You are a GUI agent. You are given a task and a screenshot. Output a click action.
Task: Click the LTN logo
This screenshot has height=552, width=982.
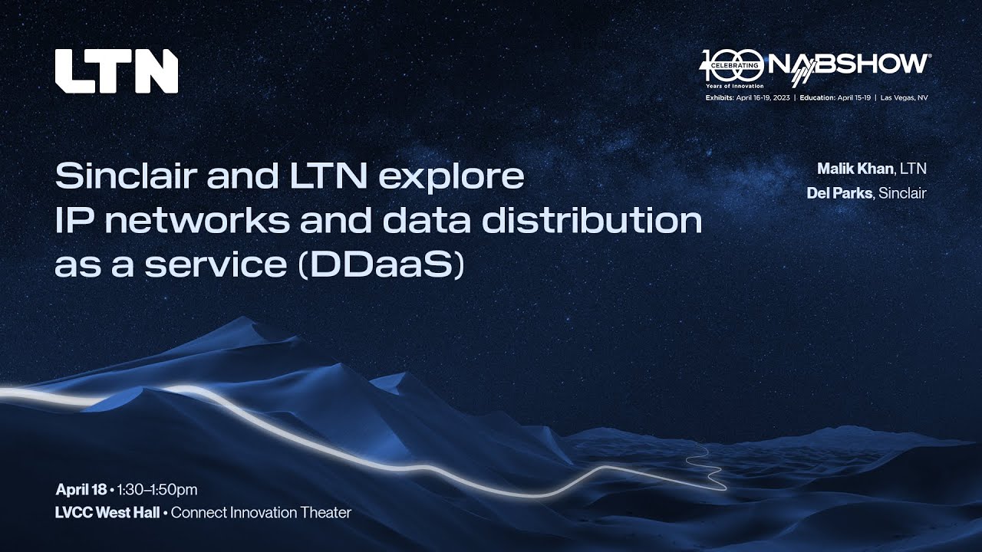pyautogui.click(x=116, y=71)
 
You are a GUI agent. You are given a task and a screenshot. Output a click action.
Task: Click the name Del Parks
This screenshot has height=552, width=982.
pyautogui.click(x=839, y=193)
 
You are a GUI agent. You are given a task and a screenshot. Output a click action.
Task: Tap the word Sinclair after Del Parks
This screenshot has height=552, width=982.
pyautogui.click(x=902, y=193)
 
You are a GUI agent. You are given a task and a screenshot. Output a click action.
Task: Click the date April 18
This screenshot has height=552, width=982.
pyautogui.click(x=81, y=489)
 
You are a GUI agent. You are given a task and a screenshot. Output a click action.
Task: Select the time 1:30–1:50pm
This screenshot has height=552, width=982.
pyautogui.click(x=157, y=489)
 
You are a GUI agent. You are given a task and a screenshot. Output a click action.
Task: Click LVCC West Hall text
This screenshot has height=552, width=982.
pyautogui.click(x=107, y=512)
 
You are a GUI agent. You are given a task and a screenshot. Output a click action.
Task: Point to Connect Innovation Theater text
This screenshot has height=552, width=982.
pyautogui.click(x=261, y=512)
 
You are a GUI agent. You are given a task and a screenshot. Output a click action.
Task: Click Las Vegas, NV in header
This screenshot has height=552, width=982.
pyautogui.click(x=905, y=98)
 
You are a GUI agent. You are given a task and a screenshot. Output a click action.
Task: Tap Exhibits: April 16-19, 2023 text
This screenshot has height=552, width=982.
pyautogui.click(x=748, y=98)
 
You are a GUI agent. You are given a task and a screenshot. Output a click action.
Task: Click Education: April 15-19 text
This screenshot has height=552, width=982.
pyautogui.click(x=835, y=98)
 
